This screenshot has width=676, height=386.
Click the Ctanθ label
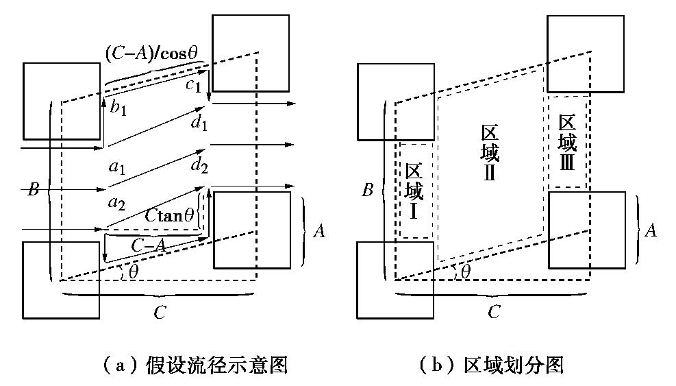click(171, 215)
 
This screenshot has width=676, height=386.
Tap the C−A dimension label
click(147, 244)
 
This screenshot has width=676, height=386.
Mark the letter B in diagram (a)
click(32, 190)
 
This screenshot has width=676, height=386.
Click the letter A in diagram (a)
click(318, 232)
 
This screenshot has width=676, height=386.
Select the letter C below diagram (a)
click(159, 313)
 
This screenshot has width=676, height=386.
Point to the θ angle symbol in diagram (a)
click(133, 272)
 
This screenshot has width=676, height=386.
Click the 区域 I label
click(413, 191)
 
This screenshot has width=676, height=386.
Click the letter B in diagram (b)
click(368, 190)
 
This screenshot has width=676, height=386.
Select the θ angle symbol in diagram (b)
click(466, 272)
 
